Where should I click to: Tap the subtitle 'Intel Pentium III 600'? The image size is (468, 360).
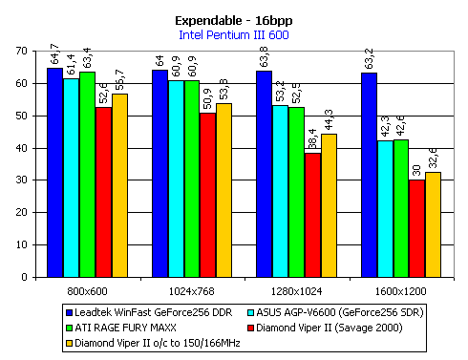coord(233,36)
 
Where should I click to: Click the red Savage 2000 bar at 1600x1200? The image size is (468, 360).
coord(416,228)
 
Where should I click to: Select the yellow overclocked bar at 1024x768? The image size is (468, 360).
coord(224,190)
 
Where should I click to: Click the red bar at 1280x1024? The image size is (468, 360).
coord(312,215)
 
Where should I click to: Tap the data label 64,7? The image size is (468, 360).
coord(54,55)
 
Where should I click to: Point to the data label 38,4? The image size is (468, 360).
coord(312,139)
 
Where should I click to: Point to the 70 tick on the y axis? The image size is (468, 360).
coord(23,52)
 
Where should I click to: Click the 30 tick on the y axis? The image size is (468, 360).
coord(23,180)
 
